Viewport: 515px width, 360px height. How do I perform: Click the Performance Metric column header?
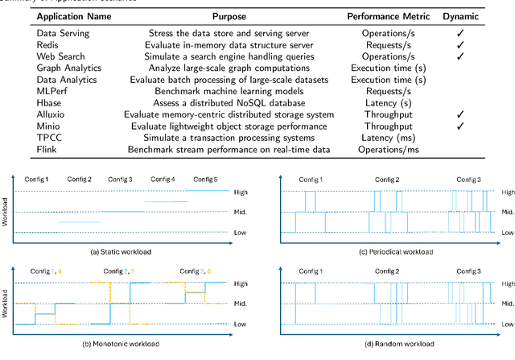click(x=389, y=16)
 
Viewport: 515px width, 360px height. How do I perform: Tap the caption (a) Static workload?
click(x=122, y=251)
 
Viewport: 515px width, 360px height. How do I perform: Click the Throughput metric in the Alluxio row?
click(x=389, y=115)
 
